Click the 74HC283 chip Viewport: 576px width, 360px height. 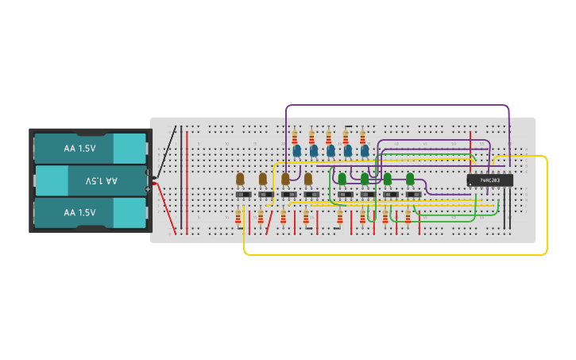click(489, 180)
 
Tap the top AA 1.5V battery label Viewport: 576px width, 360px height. click(79, 149)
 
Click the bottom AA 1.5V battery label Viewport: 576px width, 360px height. click(79, 213)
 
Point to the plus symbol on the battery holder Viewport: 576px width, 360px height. click(148, 189)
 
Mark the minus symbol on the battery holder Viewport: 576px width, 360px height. click(148, 170)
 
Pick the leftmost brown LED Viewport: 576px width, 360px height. click(240, 179)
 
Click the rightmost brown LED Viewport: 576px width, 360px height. click(308, 179)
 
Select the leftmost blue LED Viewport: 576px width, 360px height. click(296, 149)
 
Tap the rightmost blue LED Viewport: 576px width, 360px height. click(365, 149)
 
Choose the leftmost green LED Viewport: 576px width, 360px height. click(342, 179)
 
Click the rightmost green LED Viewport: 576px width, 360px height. click(411, 179)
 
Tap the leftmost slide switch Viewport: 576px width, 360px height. click(243, 194)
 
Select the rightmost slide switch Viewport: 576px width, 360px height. click(414, 194)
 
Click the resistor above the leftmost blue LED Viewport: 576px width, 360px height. click(295, 136)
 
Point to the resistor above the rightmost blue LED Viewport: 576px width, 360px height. click(362, 136)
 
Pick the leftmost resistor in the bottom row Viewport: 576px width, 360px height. click(238, 216)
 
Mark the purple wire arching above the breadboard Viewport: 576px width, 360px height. click(397, 105)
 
